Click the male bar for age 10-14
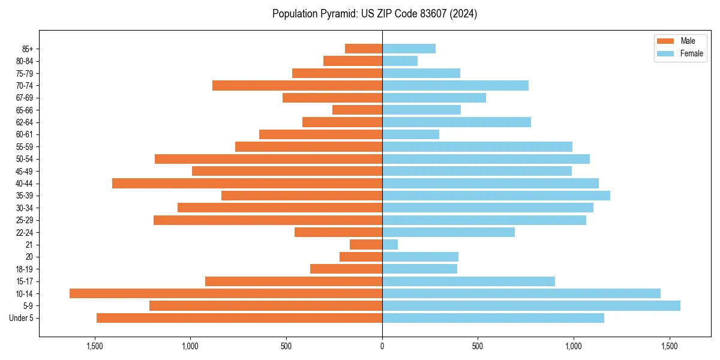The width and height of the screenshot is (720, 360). click(226, 293)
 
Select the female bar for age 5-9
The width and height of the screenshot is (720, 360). click(531, 305)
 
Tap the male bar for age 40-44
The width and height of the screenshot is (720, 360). click(247, 183)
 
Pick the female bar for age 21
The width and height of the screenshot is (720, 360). click(390, 244)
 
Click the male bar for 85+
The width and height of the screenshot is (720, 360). click(364, 49)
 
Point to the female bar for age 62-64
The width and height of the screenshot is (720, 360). click(457, 122)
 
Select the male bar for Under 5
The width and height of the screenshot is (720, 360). click(239, 318)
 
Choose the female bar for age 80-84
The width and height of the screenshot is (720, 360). click(400, 61)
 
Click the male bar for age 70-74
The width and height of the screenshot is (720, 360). click(297, 85)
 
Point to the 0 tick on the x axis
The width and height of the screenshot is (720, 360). click(382, 346)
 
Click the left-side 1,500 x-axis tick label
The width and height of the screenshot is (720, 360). click(95, 346)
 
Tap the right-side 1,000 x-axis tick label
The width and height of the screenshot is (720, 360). click(574, 346)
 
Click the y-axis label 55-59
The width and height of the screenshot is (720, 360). click(25, 146)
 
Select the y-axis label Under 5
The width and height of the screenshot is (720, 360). click(22, 318)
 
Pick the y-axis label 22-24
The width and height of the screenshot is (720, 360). click(25, 232)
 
